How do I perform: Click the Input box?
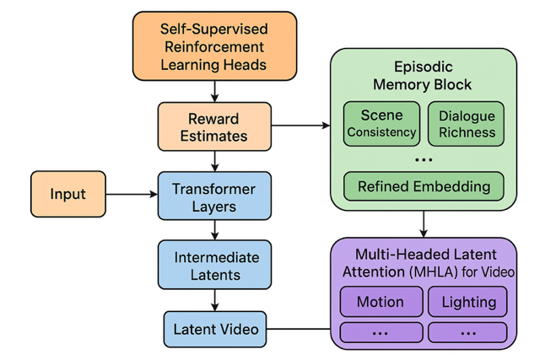point(67,193)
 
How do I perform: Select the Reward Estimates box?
point(214,126)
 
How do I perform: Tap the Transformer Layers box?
point(214,196)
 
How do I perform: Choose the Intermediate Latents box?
point(214,264)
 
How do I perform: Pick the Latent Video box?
point(214,327)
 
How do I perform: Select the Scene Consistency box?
point(382,123)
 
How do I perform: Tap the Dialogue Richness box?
point(467,123)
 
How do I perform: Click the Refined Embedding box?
point(424,185)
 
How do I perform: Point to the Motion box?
point(380,302)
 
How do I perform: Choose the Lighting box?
point(468,302)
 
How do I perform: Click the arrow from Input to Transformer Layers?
point(131,194)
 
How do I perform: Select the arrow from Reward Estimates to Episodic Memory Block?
point(300,126)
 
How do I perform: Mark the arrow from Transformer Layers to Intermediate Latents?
point(215,229)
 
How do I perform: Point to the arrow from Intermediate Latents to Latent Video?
point(215,299)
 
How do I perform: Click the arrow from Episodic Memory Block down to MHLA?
point(424,224)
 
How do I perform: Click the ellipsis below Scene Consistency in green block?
point(424,159)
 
